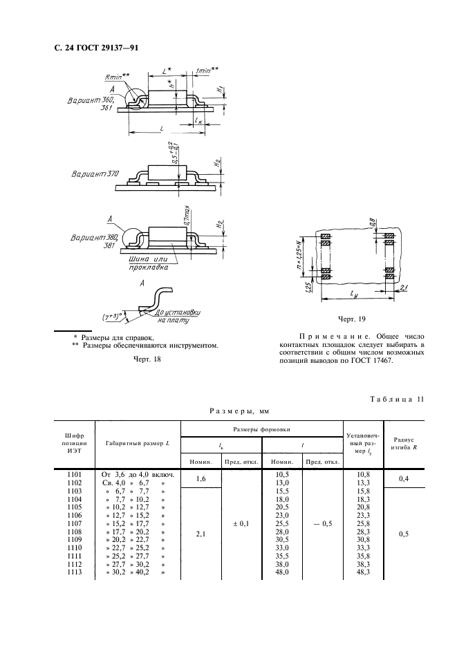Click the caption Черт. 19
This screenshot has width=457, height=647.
[x=351, y=319]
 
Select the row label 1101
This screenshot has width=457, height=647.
[x=75, y=474]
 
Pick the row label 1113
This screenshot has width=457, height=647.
[x=75, y=573]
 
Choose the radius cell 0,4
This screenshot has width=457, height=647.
[x=403, y=478]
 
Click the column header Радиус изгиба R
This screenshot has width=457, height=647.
[x=403, y=442]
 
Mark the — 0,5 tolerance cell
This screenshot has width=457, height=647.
[x=322, y=524]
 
